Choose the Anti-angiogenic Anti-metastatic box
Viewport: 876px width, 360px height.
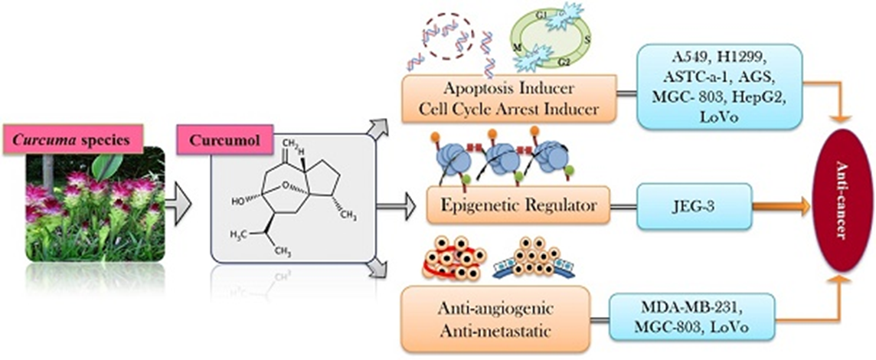click(x=498, y=318)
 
